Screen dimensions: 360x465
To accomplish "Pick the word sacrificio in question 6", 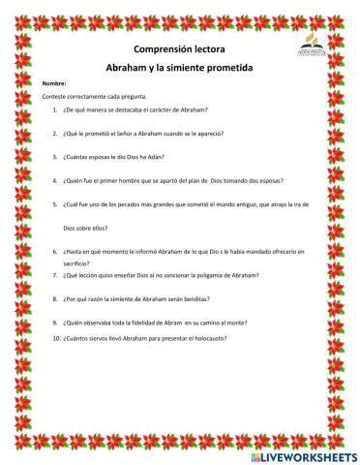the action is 77,262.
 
